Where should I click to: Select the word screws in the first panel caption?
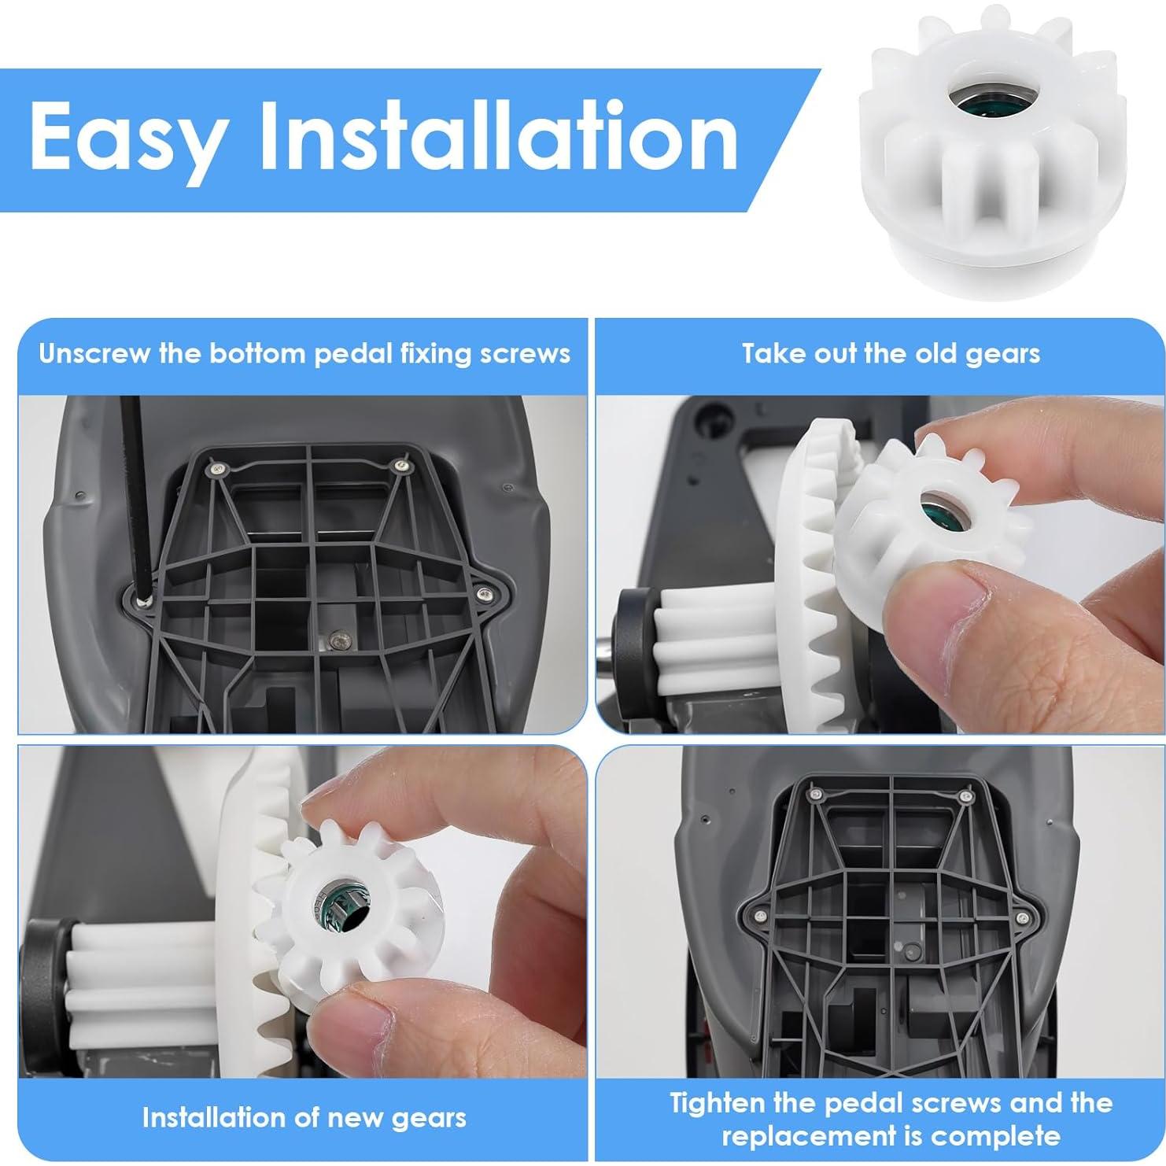pos(529,354)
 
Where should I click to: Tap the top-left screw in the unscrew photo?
pos(214,469)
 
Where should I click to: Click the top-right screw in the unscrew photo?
pos(402,467)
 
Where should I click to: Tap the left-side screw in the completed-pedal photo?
pos(761,916)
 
